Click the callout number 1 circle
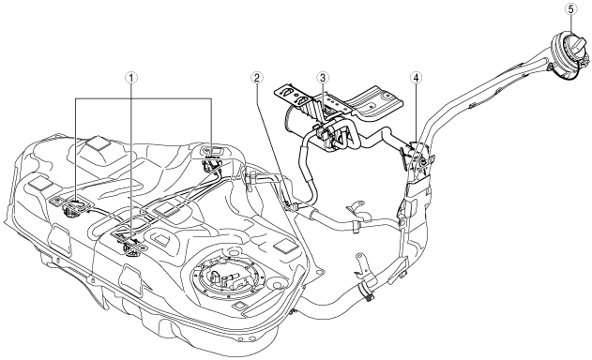coord(131,78)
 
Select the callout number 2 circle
coord(257,78)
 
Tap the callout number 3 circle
coord(323,78)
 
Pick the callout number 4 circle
coord(416,78)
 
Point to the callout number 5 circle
coord(570,9)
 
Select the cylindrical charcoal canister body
coord(302,125)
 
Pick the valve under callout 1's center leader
coord(130,246)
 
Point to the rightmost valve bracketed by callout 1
coord(210,163)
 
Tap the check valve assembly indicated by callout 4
coord(416,159)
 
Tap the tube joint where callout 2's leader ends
coord(294,205)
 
